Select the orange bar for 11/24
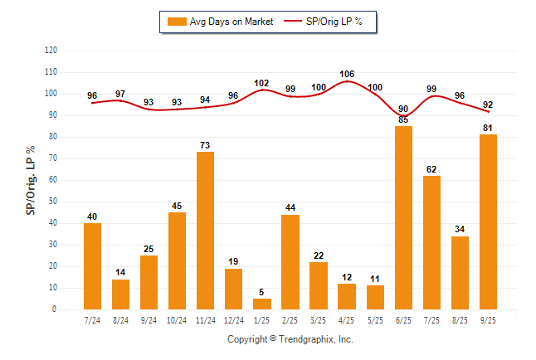tap(205, 231)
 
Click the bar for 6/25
tap(403, 217)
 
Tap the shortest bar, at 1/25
tap(261, 304)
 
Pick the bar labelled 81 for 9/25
tap(488, 221)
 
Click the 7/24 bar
tap(92, 265)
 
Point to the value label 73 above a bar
tap(205, 146)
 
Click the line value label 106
tap(347, 74)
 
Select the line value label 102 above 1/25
tap(261, 83)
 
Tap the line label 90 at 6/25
tap(403, 109)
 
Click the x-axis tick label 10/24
tap(177, 320)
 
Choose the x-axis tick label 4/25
tap(347, 320)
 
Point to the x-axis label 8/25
tap(460, 320)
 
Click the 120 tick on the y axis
tap(51, 51)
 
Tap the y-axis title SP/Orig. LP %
tap(31, 180)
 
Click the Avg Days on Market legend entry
tap(220, 22)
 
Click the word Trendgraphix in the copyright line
tap(307, 339)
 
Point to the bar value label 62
tap(431, 169)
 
